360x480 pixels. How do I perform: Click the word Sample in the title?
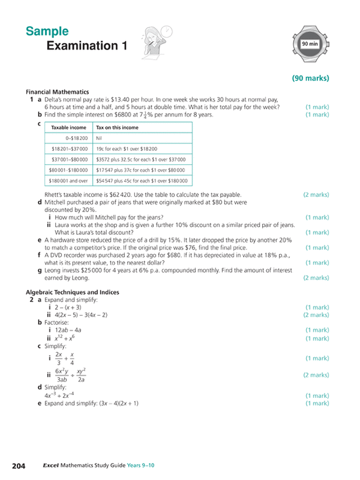(x=47, y=32)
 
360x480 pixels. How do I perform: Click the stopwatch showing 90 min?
(x=309, y=44)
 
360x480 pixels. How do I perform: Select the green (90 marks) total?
(x=310, y=78)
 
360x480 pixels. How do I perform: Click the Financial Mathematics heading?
(x=57, y=92)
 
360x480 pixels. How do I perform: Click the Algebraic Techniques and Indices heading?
(x=73, y=293)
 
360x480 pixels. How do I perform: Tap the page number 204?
(x=19, y=466)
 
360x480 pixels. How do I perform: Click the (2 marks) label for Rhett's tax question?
(x=316, y=195)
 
